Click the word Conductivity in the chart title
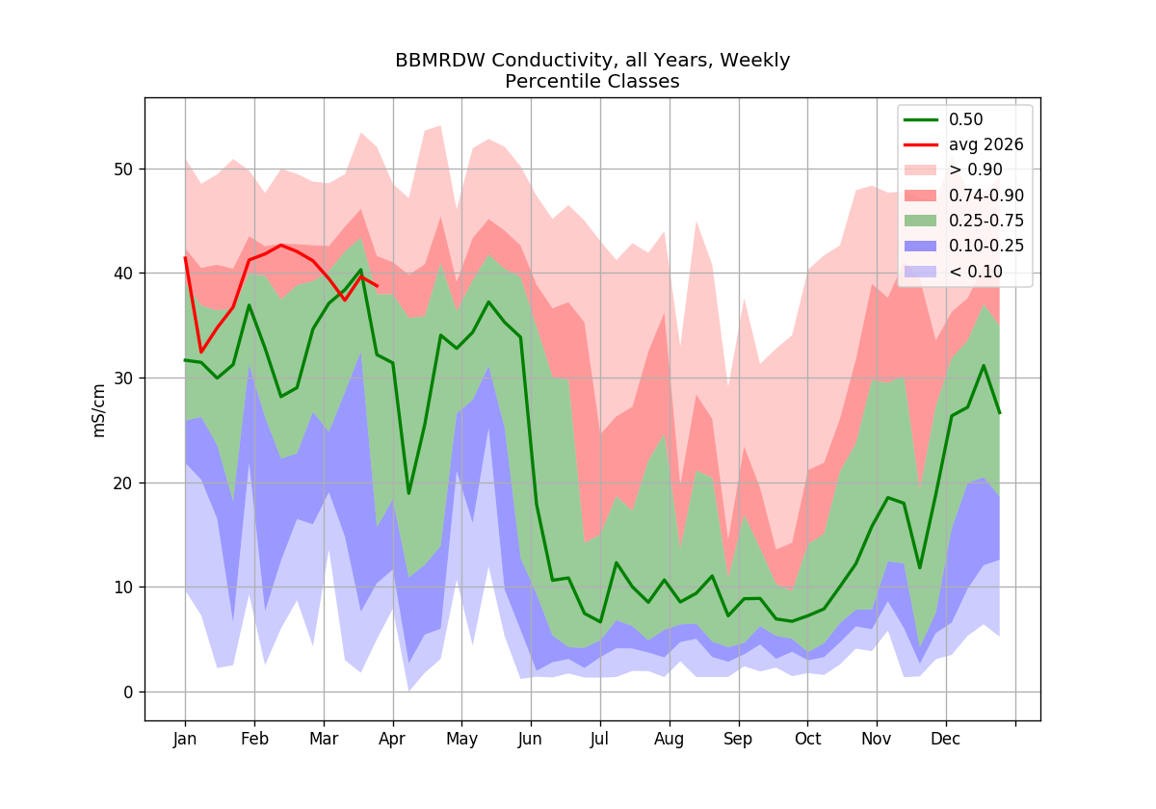[553, 61]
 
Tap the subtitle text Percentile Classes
[591, 82]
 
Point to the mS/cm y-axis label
[98, 410]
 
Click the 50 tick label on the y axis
[123, 170]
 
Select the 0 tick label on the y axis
[128, 692]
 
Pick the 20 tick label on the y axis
[123, 483]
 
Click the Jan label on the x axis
[185, 739]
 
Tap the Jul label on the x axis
[599, 739]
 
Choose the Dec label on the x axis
[945, 739]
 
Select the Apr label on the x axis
[392, 740]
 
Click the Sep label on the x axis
[738, 740]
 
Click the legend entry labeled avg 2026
[963, 145]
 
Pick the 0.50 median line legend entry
[943, 119]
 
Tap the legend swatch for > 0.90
[920, 170]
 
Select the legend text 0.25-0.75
[986, 221]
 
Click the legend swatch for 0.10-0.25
[920, 247]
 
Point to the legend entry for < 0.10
[953, 272]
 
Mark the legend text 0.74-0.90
[986, 196]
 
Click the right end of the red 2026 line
[378, 286]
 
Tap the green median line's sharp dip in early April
[408, 494]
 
